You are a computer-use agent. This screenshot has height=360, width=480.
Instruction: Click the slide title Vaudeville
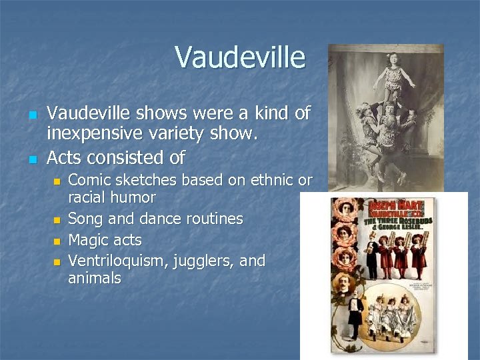[x=240, y=57]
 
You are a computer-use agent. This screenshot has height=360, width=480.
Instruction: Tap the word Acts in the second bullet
[x=65, y=158]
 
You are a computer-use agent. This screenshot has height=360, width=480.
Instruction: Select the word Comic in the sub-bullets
[x=90, y=180]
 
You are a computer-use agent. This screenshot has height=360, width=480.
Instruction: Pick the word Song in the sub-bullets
[x=85, y=219]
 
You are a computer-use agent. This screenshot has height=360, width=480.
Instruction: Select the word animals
[x=95, y=278]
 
